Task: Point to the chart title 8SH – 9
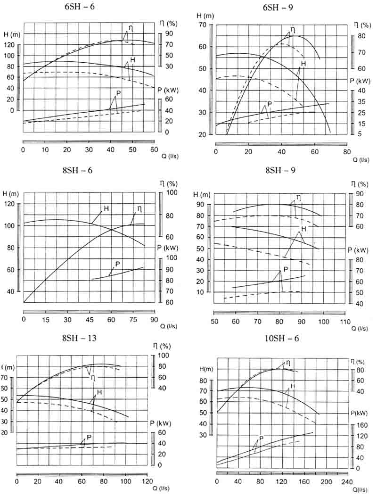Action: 278,170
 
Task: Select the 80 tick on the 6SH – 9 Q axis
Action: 347,152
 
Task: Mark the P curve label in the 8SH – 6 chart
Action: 117,264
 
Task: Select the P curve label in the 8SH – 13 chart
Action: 89,437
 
